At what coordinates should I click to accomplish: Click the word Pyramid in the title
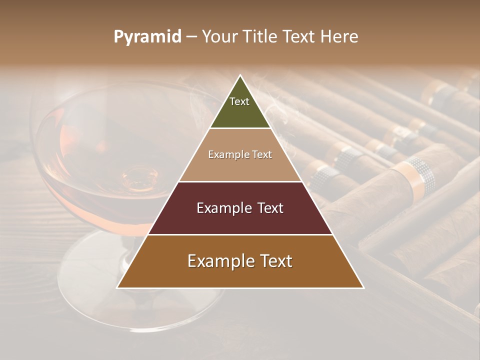(x=147, y=37)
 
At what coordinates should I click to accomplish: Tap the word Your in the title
(x=219, y=37)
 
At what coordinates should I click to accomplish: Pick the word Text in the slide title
(x=299, y=37)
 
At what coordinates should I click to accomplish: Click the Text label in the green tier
(x=239, y=101)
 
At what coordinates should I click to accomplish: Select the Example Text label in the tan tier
(x=240, y=154)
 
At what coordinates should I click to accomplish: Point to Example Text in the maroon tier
(x=240, y=208)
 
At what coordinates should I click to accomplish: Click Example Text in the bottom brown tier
(x=240, y=261)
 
